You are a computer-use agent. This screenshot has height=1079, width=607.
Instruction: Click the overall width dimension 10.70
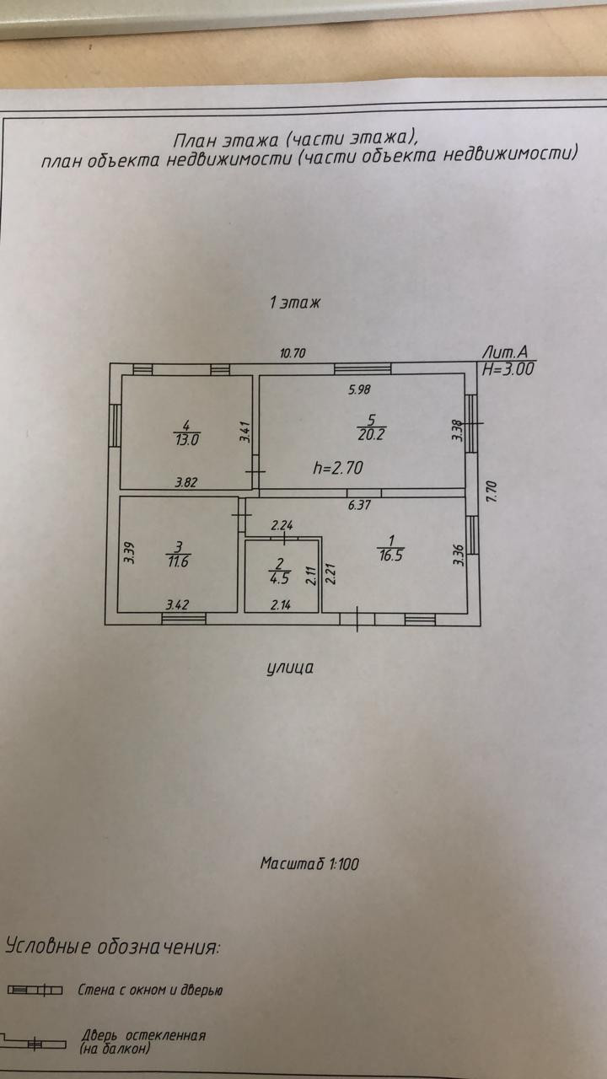click(x=292, y=354)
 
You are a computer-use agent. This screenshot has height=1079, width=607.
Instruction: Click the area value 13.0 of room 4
click(x=186, y=439)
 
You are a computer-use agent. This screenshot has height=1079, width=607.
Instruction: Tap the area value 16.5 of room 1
click(x=388, y=556)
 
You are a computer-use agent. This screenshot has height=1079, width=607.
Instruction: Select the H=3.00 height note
click(x=508, y=368)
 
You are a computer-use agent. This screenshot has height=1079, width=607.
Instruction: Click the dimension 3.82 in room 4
click(x=186, y=483)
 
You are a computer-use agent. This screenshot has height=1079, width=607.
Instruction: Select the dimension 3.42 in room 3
click(x=177, y=604)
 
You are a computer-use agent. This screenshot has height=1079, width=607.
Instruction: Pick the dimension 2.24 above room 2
click(x=282, y=526)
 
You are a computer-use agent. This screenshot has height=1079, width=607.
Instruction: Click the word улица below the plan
click(x=291, y=668)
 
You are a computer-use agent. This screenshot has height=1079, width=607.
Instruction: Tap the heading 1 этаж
click(x=295, y=303)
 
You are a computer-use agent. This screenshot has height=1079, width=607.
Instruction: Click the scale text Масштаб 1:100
click(x=310, y=863)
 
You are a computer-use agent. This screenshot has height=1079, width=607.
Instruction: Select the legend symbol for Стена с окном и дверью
click(x=35, y=990)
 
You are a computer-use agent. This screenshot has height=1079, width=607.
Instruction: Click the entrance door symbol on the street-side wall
click(x=358, y=620)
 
